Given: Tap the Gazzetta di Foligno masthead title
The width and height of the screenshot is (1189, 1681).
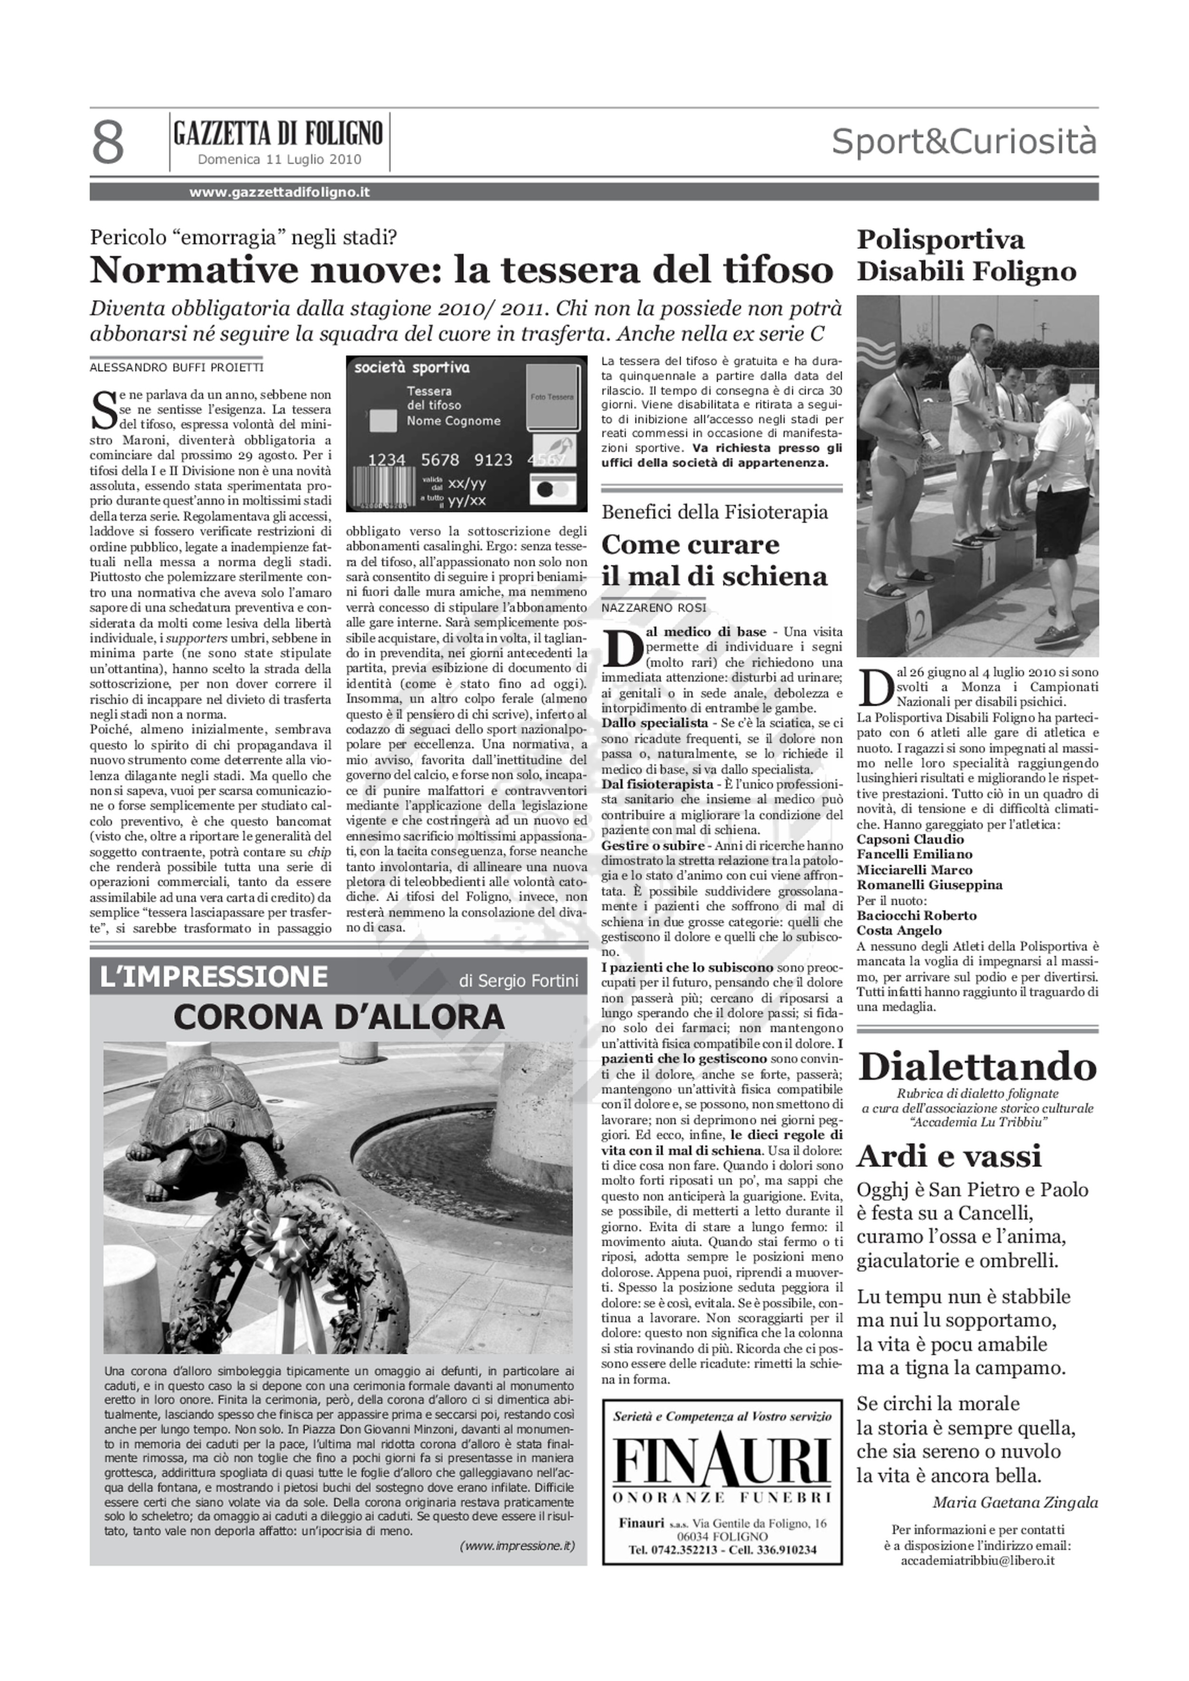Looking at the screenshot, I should click(x=278, y=134).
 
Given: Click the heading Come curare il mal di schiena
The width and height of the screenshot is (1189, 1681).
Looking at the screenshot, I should click(x=714, y=560).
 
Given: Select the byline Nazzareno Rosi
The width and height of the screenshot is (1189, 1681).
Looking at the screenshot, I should click(x=654, y=608).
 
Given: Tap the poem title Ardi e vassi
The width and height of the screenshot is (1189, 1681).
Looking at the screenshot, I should click(x=949, y=1157).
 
